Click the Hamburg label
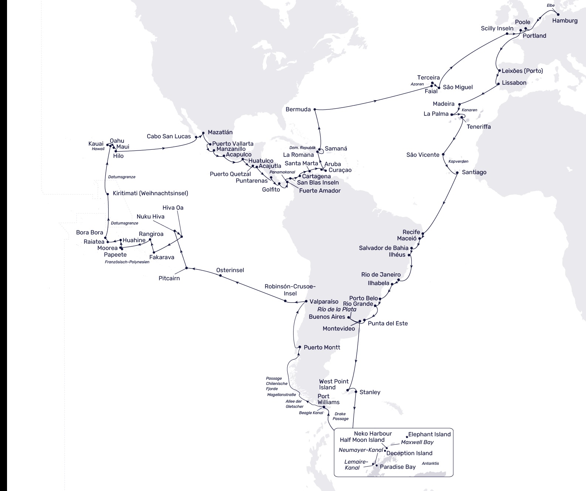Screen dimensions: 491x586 coord(565,21)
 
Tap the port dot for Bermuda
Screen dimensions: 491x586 coord(315,109)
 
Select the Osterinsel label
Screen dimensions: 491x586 coord(230,270)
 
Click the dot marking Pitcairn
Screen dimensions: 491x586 coord(186,268)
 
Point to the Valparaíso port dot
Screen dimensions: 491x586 coord(306,301)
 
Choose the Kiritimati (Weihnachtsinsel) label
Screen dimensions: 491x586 coord(150,193)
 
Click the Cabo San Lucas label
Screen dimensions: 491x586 coord(169,136)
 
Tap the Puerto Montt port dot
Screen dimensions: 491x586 coord(300,347)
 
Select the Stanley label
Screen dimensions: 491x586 coord(370,392)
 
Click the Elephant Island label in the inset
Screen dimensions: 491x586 coord(429,434)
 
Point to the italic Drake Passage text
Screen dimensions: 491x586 coord(340,416)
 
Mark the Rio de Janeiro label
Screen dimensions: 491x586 coord(381,274)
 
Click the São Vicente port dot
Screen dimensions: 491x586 coord(443,155)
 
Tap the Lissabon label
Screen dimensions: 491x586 coord(514,83)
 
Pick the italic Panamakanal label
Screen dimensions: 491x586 coord(282,172)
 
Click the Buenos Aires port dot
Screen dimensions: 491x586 coord(349,317)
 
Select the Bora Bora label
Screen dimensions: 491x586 coord(89,233)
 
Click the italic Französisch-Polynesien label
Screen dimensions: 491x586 coord(127,262)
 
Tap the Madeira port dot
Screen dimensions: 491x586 coord(459,104)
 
